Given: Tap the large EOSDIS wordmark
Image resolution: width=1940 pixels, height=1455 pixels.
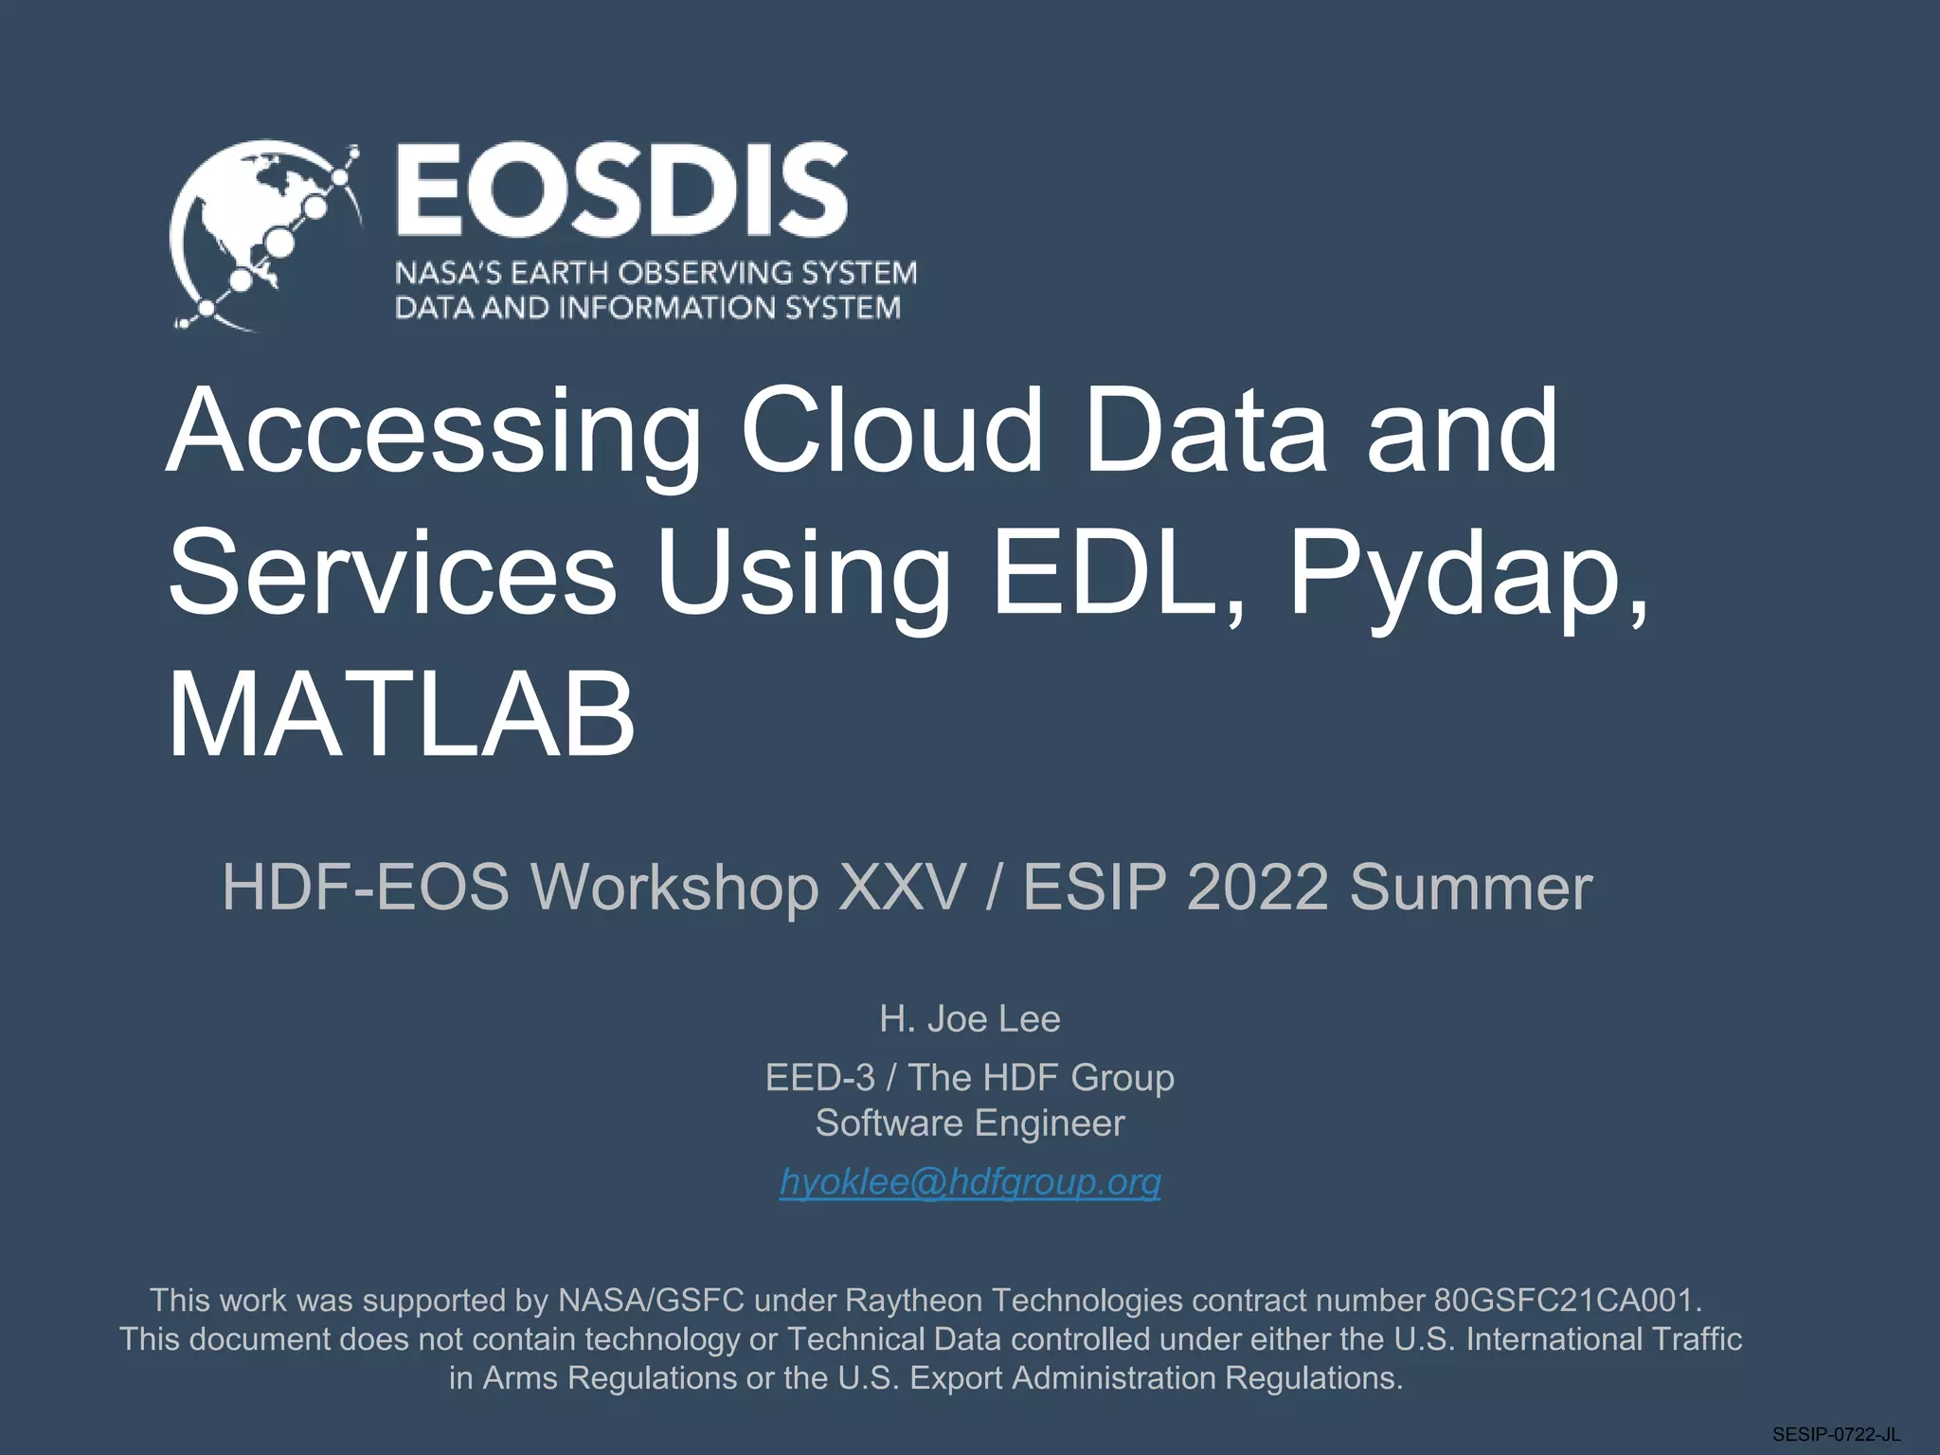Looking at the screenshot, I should point(621,191).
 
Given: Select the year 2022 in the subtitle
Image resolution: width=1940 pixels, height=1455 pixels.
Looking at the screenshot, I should point(1258,888).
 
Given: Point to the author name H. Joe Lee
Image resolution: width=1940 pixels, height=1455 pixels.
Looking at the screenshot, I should point(970,1019).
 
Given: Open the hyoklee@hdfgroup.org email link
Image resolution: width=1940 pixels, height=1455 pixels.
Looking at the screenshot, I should point(970,1182).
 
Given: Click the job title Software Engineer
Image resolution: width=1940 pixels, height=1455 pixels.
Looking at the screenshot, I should point(970,1123).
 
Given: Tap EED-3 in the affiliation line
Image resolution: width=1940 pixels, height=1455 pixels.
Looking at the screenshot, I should point(820,1078).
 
